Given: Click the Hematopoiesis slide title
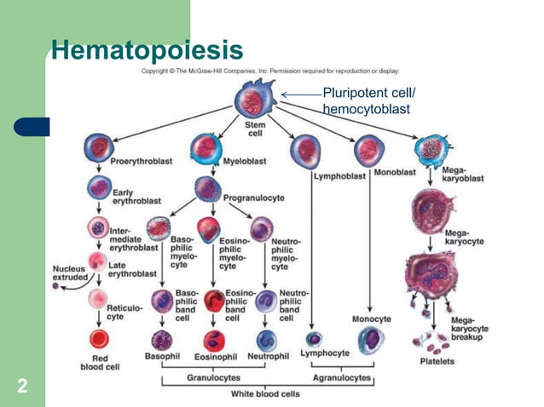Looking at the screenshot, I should click(147, 49).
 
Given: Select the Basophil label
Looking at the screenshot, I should click(163, 355).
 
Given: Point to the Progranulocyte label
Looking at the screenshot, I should click(253, 198).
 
